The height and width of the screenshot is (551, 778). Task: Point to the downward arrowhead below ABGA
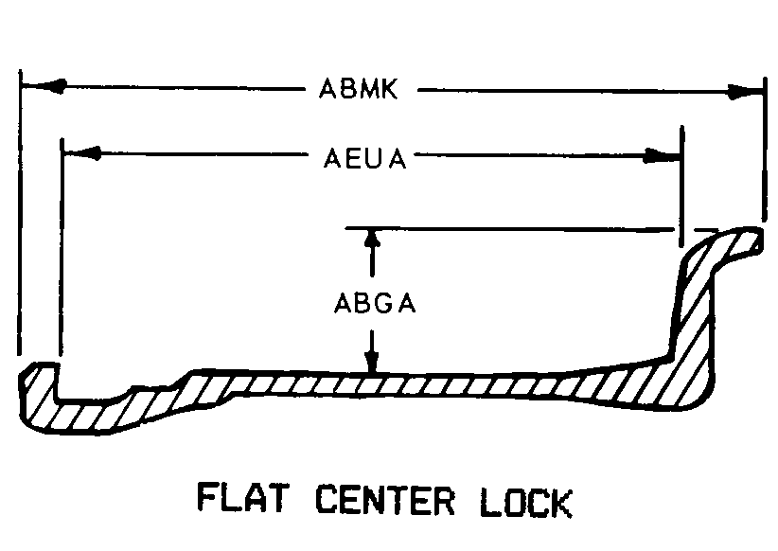click(372, 362)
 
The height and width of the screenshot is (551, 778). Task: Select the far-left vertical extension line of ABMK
click(20, 218)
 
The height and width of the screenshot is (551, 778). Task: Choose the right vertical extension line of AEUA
click(681, 180)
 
